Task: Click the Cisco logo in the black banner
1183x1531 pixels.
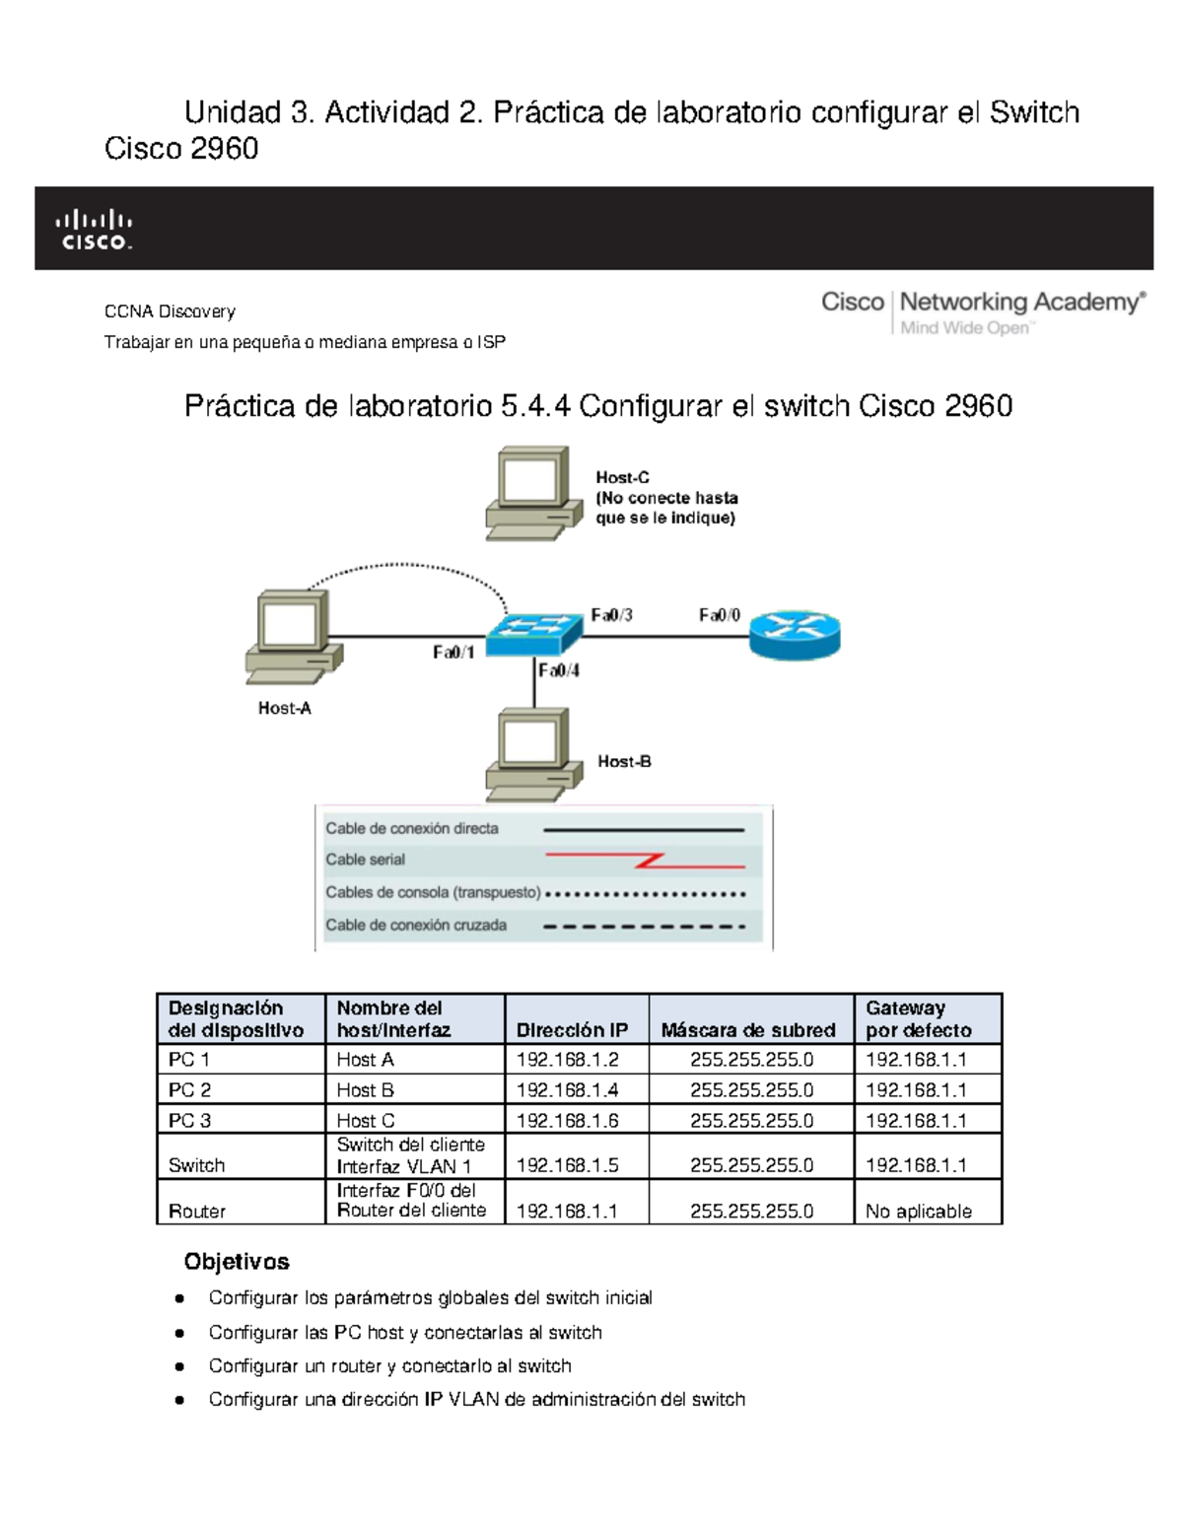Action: tap(93, 229)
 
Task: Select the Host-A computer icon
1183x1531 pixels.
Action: tap(293, 637)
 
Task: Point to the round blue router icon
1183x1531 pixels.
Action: tap(795, 634)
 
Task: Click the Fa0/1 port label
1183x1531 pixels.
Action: tap(453, 653)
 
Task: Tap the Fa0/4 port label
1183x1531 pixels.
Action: tap(559, 671)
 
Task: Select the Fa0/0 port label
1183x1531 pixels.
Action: tap(720, 615)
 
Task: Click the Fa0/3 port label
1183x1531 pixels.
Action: tap(611, 615)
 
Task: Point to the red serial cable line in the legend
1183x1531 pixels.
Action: tap(646, 860)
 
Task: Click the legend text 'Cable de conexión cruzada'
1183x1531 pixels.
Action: tap(416, 926)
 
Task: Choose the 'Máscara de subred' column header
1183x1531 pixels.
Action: tap(748, 1030)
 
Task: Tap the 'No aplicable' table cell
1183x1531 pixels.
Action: tap(919, 1212)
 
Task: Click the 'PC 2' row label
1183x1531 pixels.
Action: tap(189, 1090)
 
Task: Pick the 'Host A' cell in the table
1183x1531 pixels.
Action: tap(365, 1060)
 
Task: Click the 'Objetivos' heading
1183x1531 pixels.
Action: tap(237, 1262)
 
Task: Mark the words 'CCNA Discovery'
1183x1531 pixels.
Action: tap(170, 312)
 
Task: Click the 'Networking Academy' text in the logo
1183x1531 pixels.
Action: tap(1021, 302)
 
